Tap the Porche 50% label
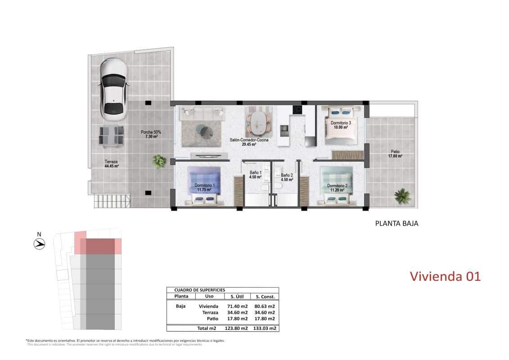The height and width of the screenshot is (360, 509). coord(150,134)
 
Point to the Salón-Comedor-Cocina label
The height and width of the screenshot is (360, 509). coord(243,142)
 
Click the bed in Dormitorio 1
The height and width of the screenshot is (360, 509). coord(204,185)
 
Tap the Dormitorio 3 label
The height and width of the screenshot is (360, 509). coord(341,125)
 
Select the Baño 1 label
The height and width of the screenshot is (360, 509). coord(255,175)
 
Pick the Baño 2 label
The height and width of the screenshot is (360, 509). coord(287,177)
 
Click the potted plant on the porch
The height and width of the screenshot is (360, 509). coord(158,161)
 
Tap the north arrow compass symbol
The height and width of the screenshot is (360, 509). coord(40,244)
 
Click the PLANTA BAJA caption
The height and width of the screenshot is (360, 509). coord(396,223)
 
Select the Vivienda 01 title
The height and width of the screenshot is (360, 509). coord(445,276)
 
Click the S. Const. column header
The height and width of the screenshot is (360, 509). coord(265,297)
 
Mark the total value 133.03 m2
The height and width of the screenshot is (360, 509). coord(265,328)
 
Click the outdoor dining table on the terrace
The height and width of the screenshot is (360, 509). coord(112,135)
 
